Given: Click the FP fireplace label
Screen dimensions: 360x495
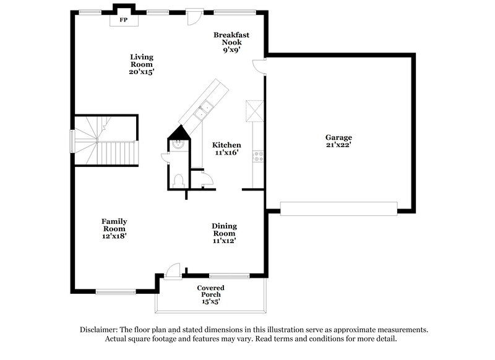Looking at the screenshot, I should pos(123,20).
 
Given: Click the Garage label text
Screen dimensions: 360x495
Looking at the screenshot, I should pos(338,137).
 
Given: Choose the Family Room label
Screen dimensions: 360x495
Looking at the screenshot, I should pos(114,225).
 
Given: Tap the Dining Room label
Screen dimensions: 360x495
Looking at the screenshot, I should pos(224,229).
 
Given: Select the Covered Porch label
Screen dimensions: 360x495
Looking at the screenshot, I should pos(210,288).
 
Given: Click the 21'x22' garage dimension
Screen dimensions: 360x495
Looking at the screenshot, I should pos(338,145).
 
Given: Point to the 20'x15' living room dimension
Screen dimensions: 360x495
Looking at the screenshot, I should pos(141,72).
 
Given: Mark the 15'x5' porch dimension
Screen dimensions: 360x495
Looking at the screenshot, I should pos(210,301).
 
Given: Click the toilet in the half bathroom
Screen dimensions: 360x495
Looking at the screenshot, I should pos(178,180).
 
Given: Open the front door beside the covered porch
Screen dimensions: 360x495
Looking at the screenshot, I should pos(173,272).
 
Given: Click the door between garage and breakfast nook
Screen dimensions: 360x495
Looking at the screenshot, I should pos(260,66).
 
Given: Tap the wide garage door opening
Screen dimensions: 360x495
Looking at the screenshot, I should pos(338,208).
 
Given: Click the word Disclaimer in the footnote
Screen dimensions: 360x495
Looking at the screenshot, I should pos(101,330).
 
